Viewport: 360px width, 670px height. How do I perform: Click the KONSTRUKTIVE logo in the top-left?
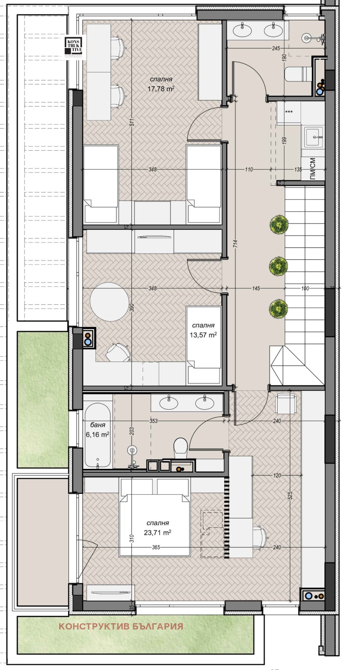[72, 47]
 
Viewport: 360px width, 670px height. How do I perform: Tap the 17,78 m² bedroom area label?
[161, 85]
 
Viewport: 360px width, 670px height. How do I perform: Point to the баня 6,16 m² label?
[97, 429]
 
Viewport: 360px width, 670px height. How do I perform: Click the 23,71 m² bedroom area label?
[157, 528]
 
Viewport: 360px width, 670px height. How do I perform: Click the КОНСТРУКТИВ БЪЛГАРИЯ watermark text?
[121, 626]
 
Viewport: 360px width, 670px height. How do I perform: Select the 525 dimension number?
[290, 495]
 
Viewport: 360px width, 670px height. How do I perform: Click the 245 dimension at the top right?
[276, 48]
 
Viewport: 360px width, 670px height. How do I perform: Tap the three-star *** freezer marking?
[288, 112]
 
